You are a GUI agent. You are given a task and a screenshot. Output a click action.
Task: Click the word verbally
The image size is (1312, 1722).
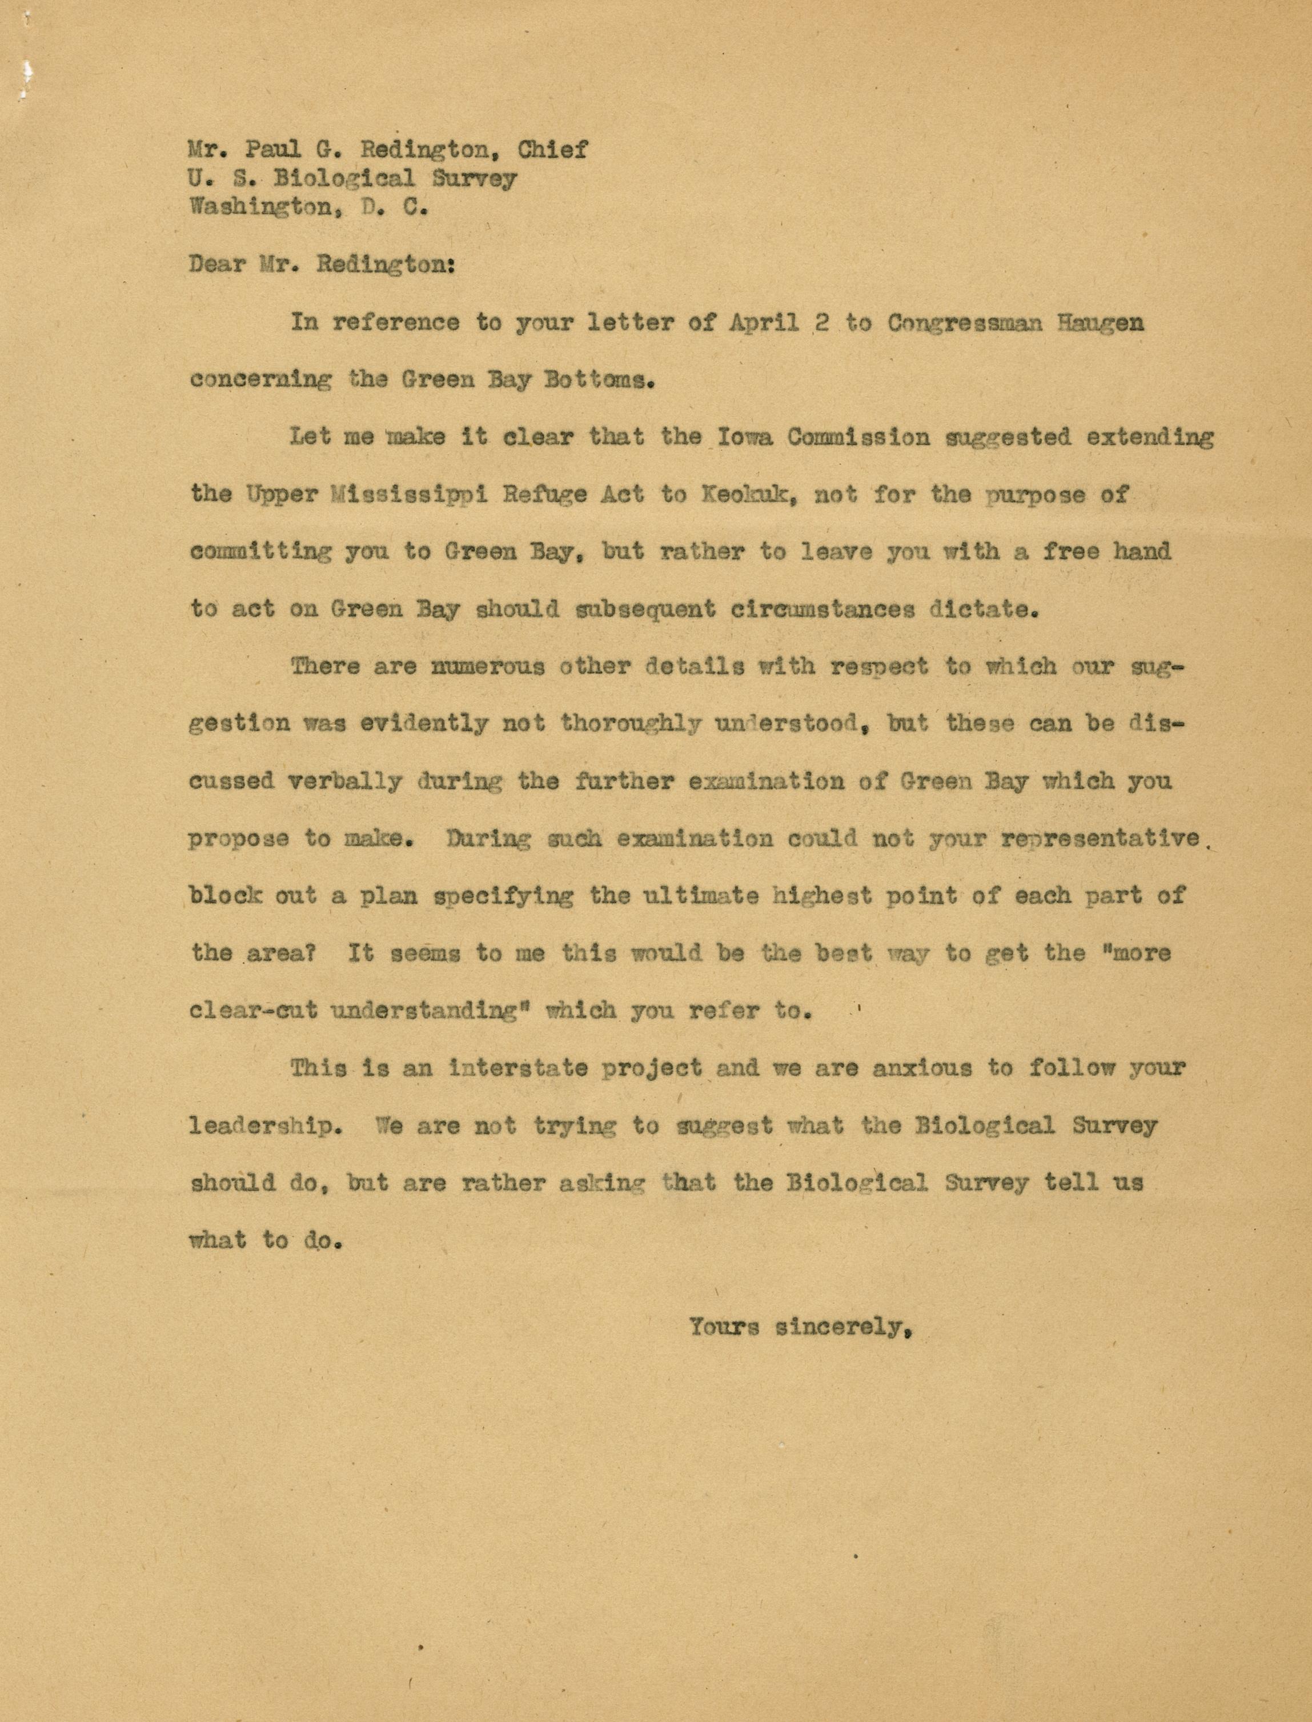pyautogui.click(x=344, y=781)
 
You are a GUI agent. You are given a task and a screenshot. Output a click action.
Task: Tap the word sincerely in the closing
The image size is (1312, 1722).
pyautogui.click(x=844, y=1327)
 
